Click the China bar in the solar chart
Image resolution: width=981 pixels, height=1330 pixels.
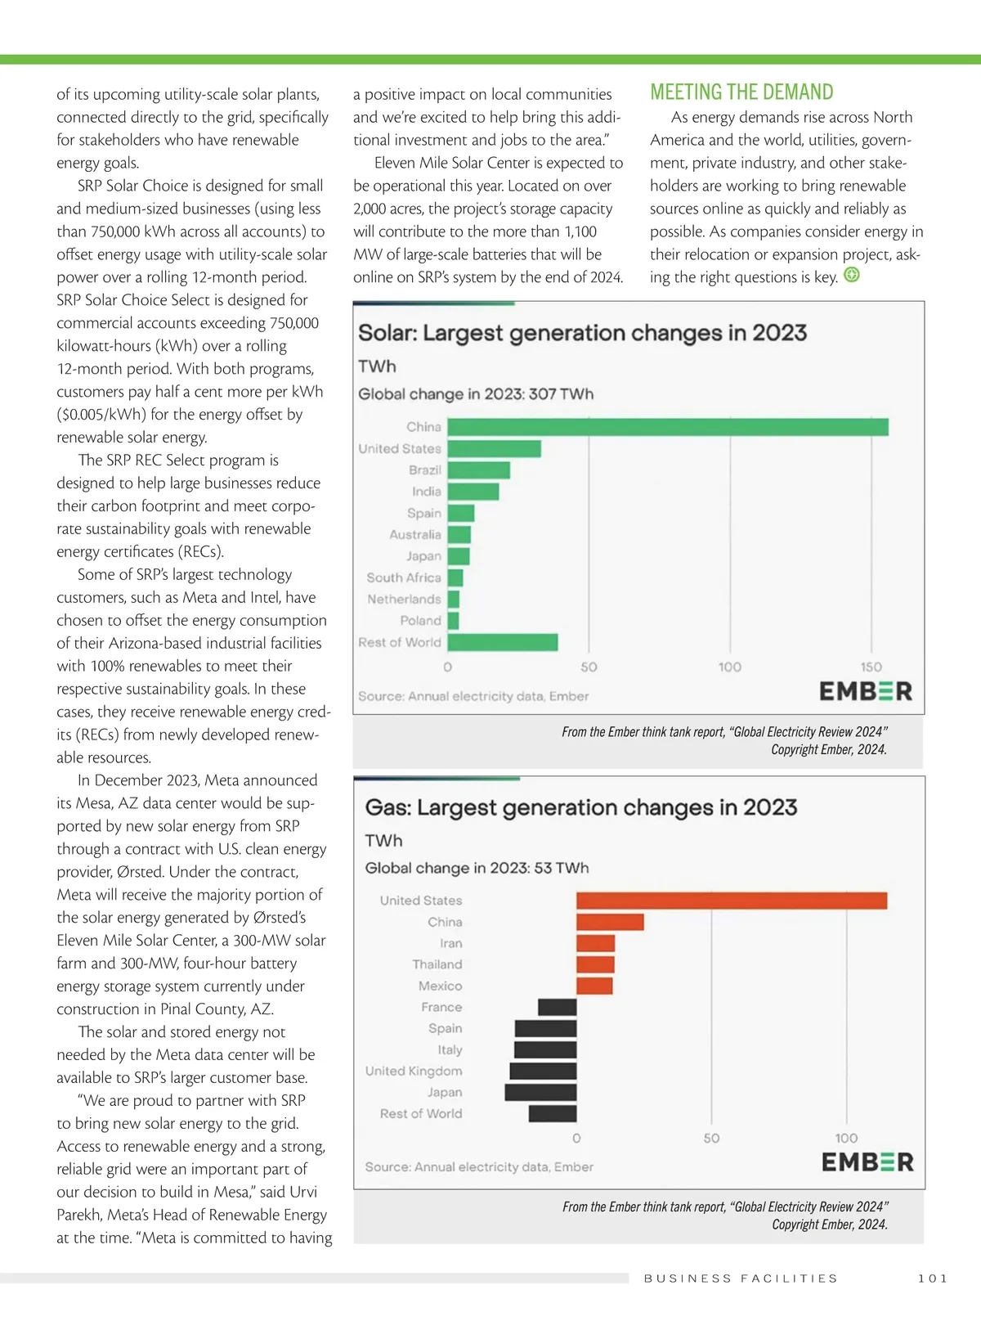coord(667,427)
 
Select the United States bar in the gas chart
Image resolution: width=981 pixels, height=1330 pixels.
coord(731,901)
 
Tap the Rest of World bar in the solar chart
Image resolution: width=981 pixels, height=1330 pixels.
coord(502,642)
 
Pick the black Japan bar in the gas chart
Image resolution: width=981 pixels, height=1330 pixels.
coord(540,1092)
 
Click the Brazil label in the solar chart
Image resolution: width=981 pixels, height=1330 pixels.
coord(425,470)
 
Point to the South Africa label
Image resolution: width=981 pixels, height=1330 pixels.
coord(404,577)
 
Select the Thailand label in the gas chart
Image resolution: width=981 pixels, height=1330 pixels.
coord(437,964)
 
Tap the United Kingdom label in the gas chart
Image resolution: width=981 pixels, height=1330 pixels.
coord(414,1071)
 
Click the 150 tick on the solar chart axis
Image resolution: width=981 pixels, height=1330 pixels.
coord(871,667)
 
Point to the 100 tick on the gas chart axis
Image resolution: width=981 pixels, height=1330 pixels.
coord(846,1138)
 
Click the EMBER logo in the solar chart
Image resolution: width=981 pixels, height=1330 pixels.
coord(866,691)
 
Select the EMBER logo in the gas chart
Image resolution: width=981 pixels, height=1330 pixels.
coord(867,1162)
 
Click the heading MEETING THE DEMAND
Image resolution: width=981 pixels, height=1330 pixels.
coord(741,92)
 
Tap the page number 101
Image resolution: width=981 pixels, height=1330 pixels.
coord(933,1278)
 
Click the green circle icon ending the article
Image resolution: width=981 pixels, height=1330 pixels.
coord(852,275)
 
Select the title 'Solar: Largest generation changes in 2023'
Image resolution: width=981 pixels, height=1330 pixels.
coord(582,333)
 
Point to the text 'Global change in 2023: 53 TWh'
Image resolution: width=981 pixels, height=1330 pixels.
coord(477,868)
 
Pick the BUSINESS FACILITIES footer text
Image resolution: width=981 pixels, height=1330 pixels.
coord(741,1278)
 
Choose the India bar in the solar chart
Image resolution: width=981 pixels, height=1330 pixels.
coord(473,492)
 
